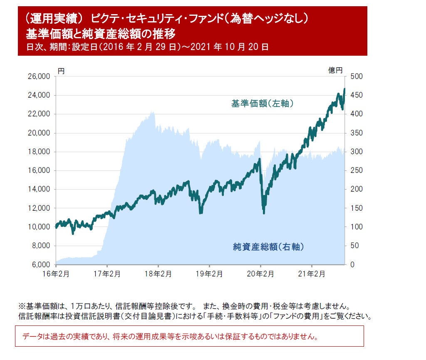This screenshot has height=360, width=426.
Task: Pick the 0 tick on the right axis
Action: pyautogui.click(x=353, y=264)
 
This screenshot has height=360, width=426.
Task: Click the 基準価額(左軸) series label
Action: pyautogui.click(x=263, y=104)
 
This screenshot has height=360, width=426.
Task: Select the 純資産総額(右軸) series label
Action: pyautogui.click(x=268, y=247)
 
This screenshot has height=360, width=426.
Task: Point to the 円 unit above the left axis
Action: pyautogui.click(x=61, y=71)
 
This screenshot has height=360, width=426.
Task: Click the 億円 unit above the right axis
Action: pyautogui.click(x=335, y=71)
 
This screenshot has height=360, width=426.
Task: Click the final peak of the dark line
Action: pyautogui.click(x=344, y=89)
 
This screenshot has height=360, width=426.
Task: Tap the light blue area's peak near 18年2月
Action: pyautogui.click(x=153, y=112)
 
